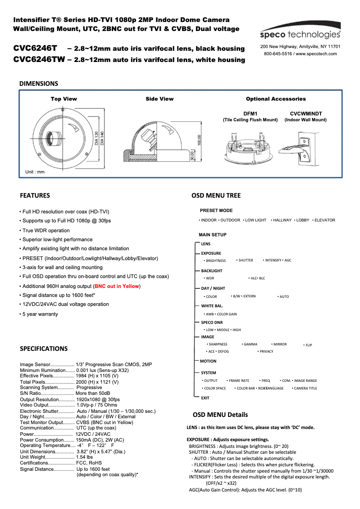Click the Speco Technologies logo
coord(300,35)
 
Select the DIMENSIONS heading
coord(39,84)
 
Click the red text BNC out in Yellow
coord(117,286)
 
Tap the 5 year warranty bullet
coord(40,314)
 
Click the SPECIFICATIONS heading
coord(44,349)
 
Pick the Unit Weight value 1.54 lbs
coord(84,457)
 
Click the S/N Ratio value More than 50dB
coord(96,393)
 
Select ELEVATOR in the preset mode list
coord(325,220)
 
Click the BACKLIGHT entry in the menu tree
coord(211,271)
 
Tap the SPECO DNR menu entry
coord(212,323)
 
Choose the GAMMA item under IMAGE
coord(250,344)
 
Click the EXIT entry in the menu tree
coord(205,398)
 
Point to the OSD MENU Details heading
coord(220,415)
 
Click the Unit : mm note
coord(35,172)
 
